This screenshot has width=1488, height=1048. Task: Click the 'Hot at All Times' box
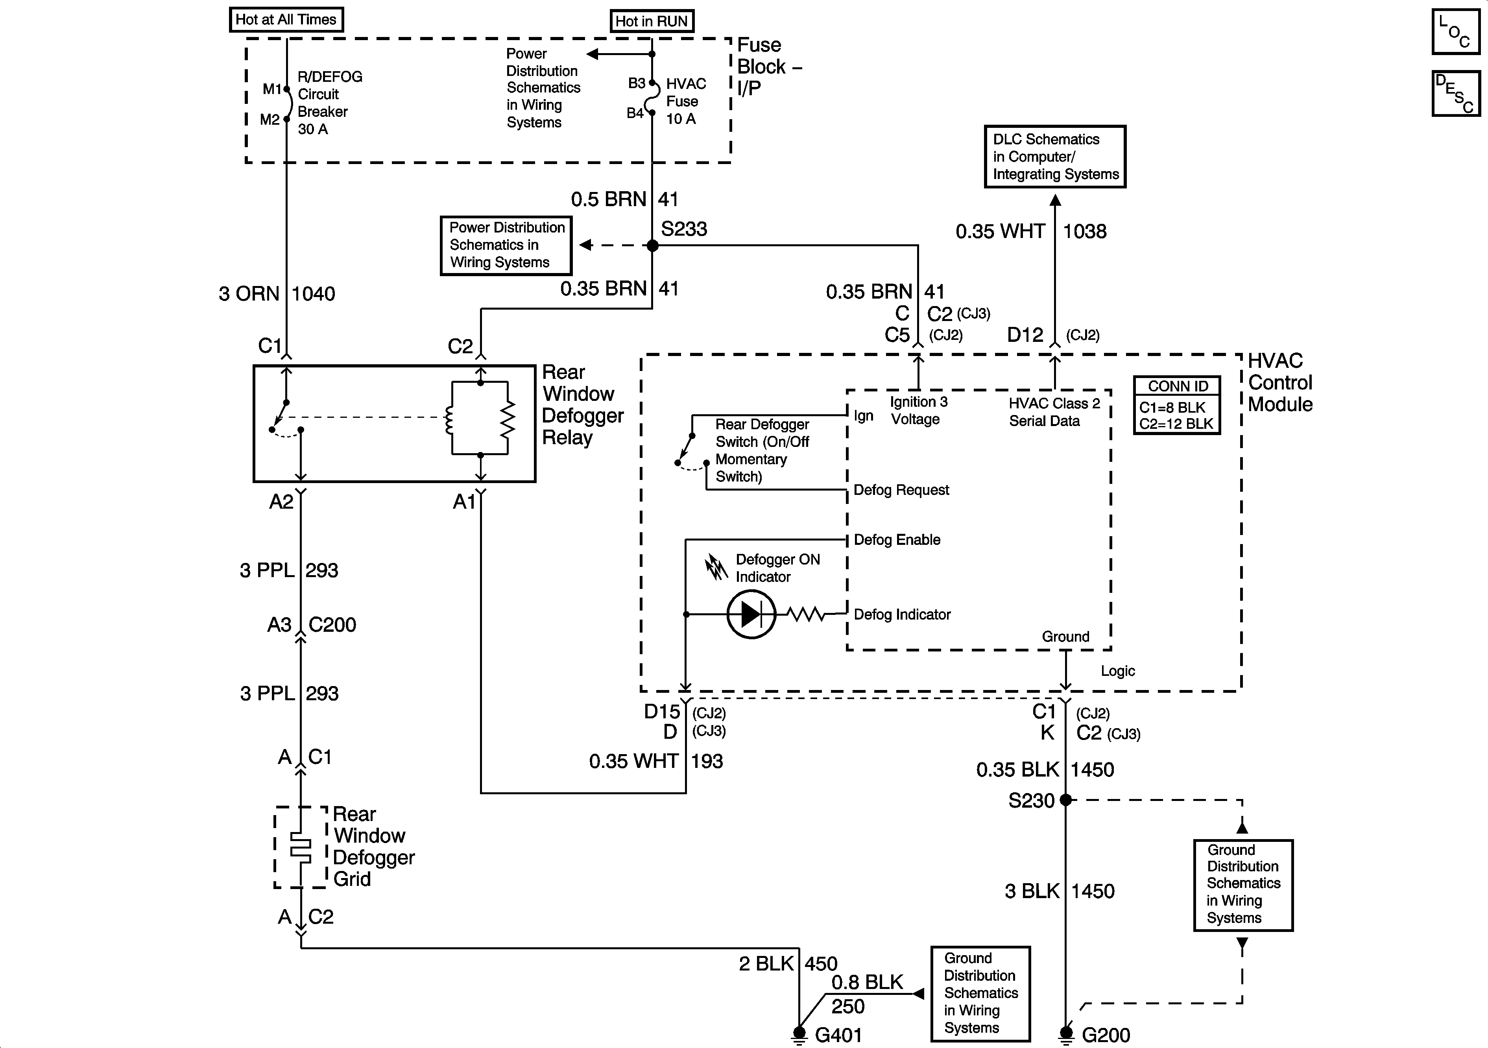tap(286, 19)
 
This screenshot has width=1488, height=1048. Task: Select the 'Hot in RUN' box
tap(651, 21)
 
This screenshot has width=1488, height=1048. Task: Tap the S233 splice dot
tap(653, 245)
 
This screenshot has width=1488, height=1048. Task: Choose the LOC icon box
tap(1455, 31)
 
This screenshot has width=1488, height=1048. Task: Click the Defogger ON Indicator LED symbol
tap(751, 614)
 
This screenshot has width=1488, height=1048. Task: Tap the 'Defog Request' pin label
tap(901, 491)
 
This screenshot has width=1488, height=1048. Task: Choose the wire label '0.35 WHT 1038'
tap(1030, 231)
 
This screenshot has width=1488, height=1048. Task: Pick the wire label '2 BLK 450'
tap(787, 964)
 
